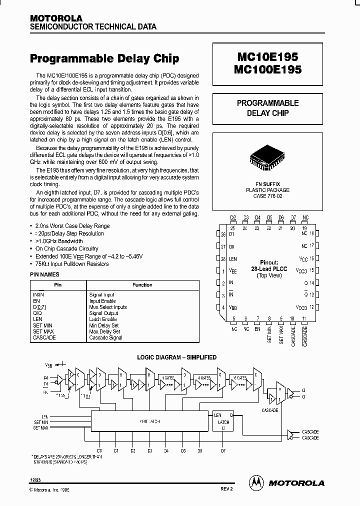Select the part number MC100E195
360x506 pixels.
click(267, 70)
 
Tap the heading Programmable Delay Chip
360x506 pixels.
click(104, 58)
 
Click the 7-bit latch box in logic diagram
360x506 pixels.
click(149, 421)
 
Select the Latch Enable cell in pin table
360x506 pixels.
click(103, 319)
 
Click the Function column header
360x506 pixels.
click(142, 285)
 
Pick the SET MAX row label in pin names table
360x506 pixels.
click(43, 331)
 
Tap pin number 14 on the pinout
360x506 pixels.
click(312, 282)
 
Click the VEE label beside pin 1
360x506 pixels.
click(233, 270)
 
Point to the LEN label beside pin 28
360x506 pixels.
click(233, 259)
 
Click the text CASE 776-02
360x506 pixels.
click(267, 196)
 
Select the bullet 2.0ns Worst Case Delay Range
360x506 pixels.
click(72, 226)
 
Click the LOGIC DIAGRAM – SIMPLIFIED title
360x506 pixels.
click(177, 357)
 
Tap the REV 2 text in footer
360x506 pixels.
click(226, 489)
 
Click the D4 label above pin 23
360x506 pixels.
click(257, 217)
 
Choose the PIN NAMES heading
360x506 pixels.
click(45, 274)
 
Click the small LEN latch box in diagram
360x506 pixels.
click(222, 421)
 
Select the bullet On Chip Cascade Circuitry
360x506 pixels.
click(67, 248)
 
